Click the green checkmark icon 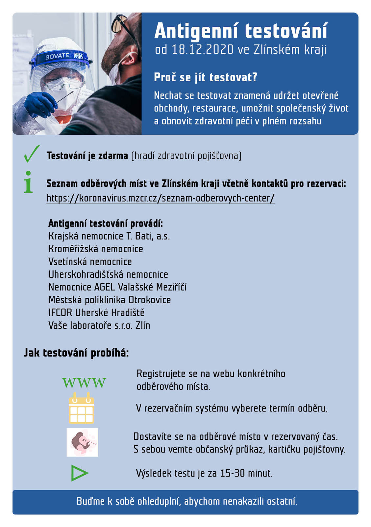[x=32, y=154]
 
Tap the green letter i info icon [x=28, y=182]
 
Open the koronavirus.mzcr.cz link [x=161, y=198]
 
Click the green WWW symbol [x=84, y=383]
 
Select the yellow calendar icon [x=81, y=408]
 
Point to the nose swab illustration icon [x=82, y=442]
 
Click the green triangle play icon [x=79, y=473]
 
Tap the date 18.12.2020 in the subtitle [x=202, y=50]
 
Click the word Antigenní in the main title [x=196, y=31]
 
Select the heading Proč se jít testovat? [x=206, y=77]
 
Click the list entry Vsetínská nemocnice [x=90, y=262]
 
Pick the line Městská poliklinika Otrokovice [x=110, y=300]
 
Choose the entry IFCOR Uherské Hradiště [x=96, y=313]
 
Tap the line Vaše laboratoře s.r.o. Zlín [x=99, y=325]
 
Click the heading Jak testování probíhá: [x=76, y=353]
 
